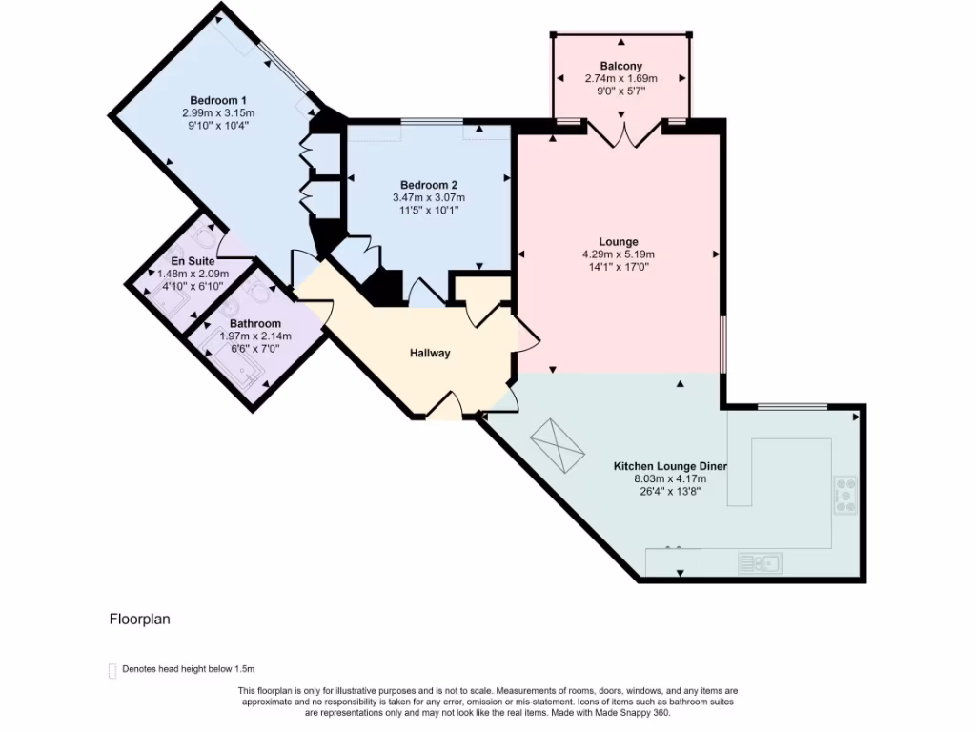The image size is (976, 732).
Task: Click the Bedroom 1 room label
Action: [x=218, y=100]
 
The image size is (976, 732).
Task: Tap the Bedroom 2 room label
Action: [x=428, y=185]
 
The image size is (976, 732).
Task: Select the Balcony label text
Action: [x=620, y=66]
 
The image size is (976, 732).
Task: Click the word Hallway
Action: [x=430, y=353]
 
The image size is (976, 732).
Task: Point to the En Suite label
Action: [x=193, y=261]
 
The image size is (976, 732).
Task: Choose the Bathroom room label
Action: [x=254, y=324]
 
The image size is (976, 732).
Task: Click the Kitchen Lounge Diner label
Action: [x=670, y=466]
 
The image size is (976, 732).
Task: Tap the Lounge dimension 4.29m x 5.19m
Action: [x=618, y=254]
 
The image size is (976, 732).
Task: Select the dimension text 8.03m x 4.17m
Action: [x=670, y=479]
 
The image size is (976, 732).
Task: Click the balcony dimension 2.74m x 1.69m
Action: [x=620, y=79]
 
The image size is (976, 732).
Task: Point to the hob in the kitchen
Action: [x=845, y=495]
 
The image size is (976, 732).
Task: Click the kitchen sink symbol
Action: [x=760, y=563]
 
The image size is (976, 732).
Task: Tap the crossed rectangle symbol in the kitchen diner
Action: [x=556, y=446]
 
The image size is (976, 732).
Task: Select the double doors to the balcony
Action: [x=622, y=134]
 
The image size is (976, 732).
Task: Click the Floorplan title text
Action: [x=139, y=619]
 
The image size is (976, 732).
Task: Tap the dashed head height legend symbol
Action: [x=112, y=670]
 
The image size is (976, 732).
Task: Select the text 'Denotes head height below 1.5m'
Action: [x=189, y=670]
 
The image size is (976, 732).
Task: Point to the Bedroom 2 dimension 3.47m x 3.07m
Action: [x=428, y=198]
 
